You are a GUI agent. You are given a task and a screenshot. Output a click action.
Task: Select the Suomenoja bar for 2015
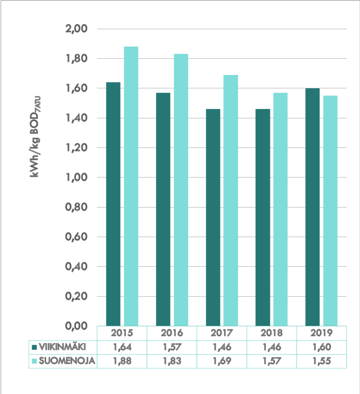coord(131,186)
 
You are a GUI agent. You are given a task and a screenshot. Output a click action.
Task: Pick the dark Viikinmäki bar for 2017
coord(213,217)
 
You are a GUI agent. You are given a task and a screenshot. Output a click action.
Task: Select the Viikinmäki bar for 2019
coord(312,207)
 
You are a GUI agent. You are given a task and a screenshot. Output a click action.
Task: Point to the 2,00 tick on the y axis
coord(76,29)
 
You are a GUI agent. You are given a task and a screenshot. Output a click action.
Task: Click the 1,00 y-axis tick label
coord(76,178)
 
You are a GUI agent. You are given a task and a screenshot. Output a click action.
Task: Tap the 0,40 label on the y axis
coord(76,267)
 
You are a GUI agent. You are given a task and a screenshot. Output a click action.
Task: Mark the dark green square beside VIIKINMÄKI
coord(34,347)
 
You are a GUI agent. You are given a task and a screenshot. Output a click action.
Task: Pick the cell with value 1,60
coord(321,347)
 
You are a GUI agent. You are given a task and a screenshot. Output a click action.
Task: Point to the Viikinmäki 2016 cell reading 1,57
coord(172,347)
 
